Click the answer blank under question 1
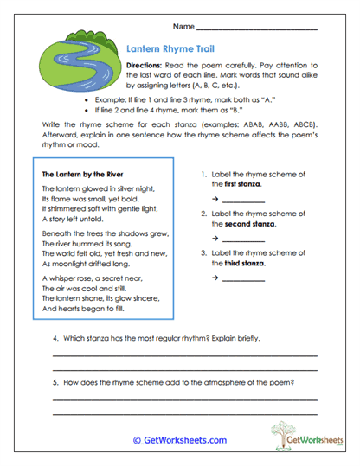tap(243, 200)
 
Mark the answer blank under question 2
tap(243, 239)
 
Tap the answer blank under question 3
tap(243, 278)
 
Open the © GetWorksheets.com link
tap(179, 440)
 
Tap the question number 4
tap(55, 337)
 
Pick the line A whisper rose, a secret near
tap(92, 279)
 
